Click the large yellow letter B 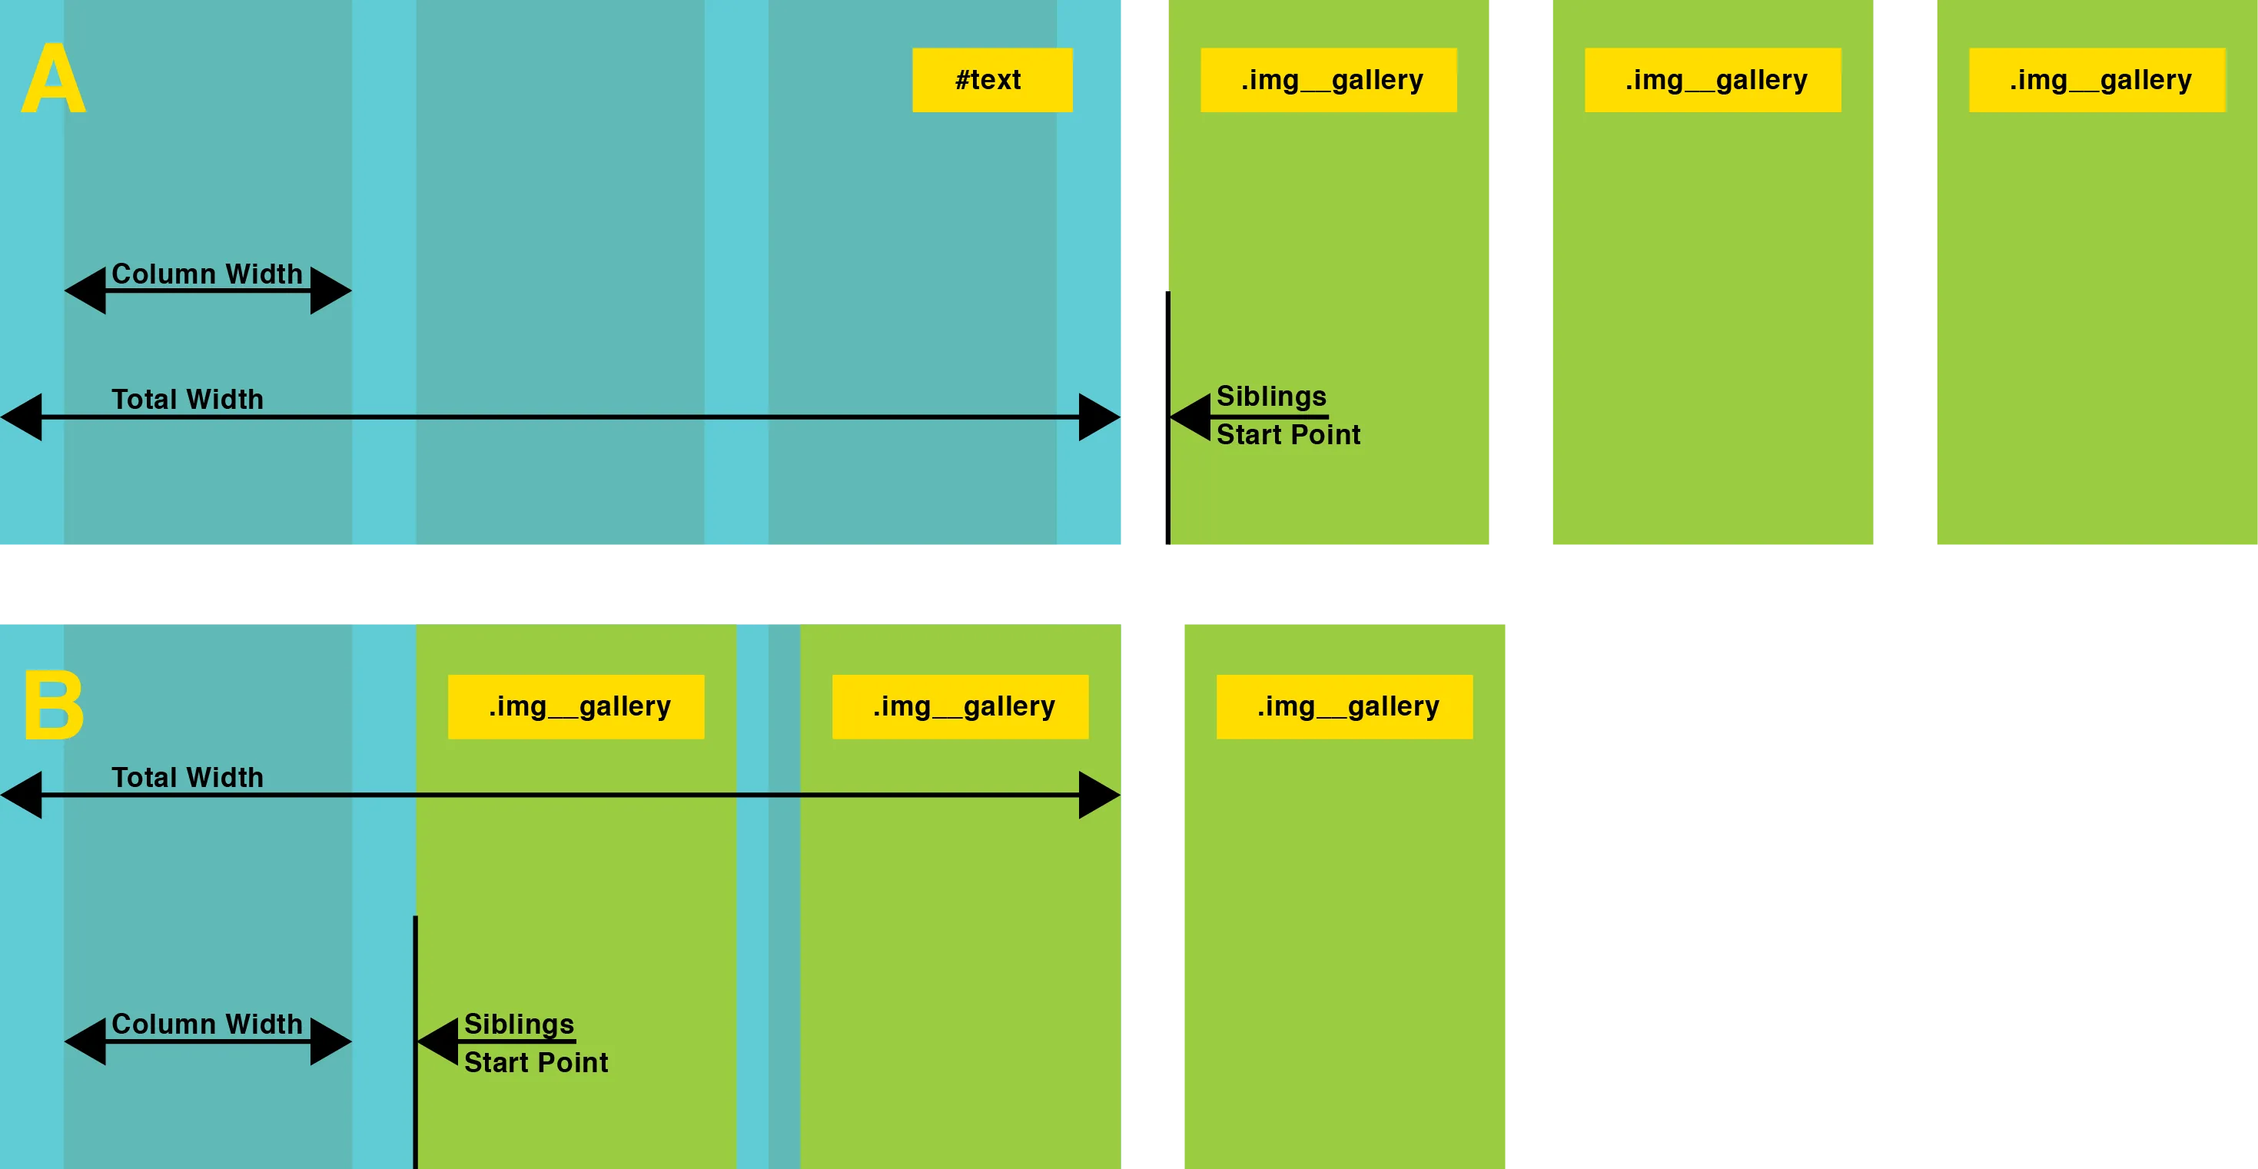pyautogui.click(x=54, y=706)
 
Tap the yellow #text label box pyautogui.click(x=991, y=80)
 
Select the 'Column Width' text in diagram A pyautogui.click(x=207, y=274)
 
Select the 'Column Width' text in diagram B pyautogui.click(x=207, y=1024)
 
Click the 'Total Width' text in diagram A pyautogui.click(x=187, y=399)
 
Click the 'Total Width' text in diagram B pyautogui.click(x=187, y=777)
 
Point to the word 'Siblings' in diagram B pyautogui.click(x=519, y=1024)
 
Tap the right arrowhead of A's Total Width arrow pyautogui.click(x=1099, y=417)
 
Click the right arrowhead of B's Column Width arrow pyautogui.click(x=330, y=1041)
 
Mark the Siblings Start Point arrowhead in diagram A pyautogui.click(x=1191, y=417)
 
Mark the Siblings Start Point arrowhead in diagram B pyautogui.click(x=438, y=1041)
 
